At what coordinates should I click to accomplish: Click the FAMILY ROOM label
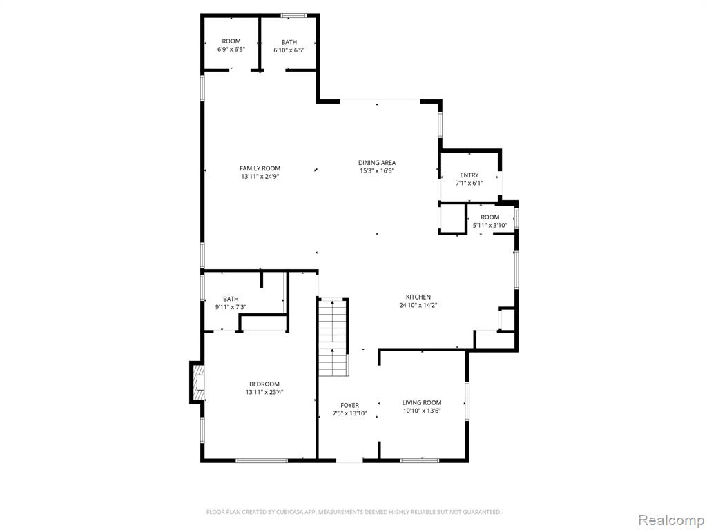coord(260,168)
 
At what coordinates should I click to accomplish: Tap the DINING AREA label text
coord(376,163)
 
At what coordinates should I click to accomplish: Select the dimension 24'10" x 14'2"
coord(418,305)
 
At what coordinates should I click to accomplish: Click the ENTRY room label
coord(469,175)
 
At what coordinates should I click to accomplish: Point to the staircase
coord(333,337)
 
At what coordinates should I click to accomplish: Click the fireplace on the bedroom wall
coord(198,383)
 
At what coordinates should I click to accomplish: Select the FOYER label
coord(349,406)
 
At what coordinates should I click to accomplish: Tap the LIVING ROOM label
coord(422,402)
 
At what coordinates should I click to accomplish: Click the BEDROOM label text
coord(264,384)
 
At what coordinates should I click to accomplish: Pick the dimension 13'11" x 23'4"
coord(264,392)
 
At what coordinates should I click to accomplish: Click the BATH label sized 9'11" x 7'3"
coord(231,299)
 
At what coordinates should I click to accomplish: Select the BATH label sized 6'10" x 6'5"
coord(289,42)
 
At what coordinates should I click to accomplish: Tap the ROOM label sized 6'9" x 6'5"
coord(231,41)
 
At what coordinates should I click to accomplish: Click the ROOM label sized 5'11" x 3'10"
coord(490,217)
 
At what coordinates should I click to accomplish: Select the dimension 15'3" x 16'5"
coord(376,171)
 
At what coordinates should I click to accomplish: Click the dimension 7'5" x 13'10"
coord(349,414)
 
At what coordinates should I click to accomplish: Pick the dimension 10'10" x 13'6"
coord(422,411)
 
